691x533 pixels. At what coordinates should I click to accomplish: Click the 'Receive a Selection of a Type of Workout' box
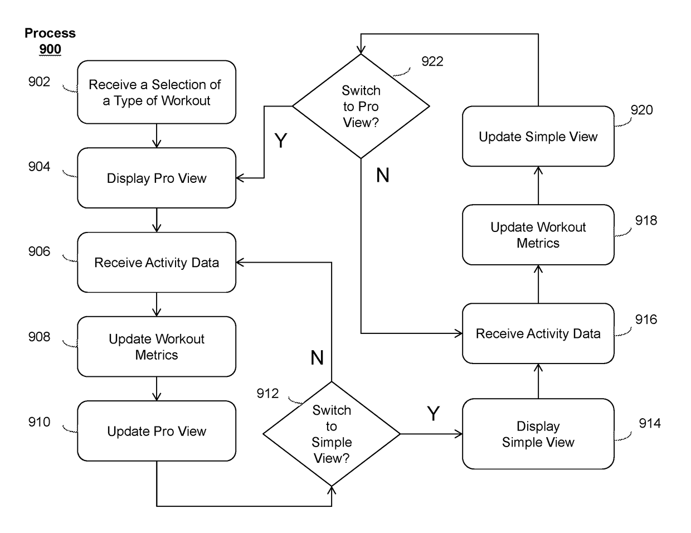[x=157, y=92]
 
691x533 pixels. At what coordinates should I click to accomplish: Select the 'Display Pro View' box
[x=157, y=178]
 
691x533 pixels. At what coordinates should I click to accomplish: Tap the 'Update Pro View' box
[x=157, y=431]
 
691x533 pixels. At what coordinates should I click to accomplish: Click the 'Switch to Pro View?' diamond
[x=361, y=106]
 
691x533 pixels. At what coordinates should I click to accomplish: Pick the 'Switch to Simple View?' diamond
[x=332, y=434]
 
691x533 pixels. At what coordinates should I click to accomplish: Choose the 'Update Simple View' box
[x=538, y=136]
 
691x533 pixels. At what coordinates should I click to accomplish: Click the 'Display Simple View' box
[x=538, y=434]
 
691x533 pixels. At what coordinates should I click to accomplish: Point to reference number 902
[x=39, y=82]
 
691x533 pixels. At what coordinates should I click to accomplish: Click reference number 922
[x=432, y=61]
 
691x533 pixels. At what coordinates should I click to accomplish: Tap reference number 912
[x=267, y=394]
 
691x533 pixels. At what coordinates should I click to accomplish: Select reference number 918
[x=646, y=220]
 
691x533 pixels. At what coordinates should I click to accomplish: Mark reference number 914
[x=650, y=423]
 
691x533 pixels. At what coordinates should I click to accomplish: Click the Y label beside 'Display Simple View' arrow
[x=433, y=413]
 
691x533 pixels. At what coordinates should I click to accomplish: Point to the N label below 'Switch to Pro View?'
[x=382, y=175]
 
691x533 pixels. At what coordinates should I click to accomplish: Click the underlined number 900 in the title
[x=50, y=49]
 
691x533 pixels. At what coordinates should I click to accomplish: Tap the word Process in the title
[x=50, y=33]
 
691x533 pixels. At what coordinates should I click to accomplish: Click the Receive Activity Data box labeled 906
[x=157, y=263]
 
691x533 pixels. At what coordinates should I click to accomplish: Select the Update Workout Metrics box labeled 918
[x=538, y=235]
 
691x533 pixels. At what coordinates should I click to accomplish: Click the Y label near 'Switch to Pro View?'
[x=280, y=140]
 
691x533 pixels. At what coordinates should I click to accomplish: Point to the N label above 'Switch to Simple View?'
[x=317, y=357]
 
